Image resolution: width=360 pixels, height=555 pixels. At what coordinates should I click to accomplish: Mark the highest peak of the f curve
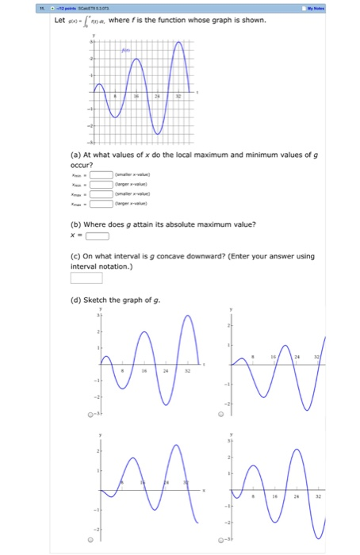click(x=182, y=40)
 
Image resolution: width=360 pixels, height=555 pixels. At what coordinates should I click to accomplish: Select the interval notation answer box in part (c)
click(x=86, y=277)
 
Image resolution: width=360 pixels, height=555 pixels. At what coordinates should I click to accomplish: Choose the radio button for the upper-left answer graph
click(x=90, y=414)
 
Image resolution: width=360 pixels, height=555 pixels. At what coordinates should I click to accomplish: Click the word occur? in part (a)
click(x=82, y=166)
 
